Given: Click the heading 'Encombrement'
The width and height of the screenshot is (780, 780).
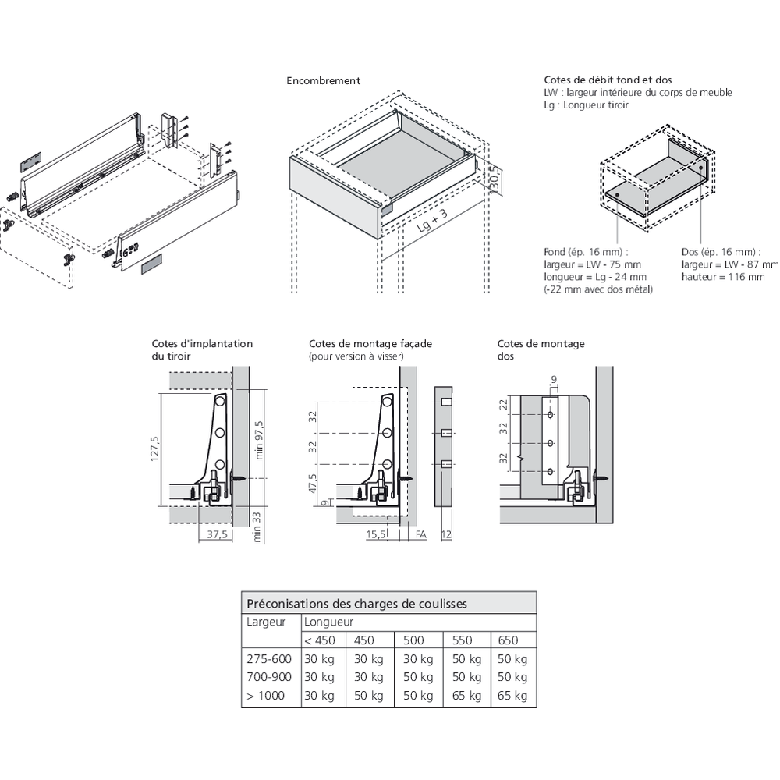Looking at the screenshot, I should [x=323, y=80].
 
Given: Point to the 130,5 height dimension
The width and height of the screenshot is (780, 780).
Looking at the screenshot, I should [x=494, y=180].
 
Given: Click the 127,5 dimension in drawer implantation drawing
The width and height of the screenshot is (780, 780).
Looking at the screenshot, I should [x=155, y=448].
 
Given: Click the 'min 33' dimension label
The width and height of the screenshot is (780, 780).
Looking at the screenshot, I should [x=259, y=525].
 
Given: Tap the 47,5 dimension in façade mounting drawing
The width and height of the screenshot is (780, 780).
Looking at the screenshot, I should [x=313, y=483].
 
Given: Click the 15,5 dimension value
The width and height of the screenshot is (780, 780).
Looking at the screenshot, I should [x=377, y=534].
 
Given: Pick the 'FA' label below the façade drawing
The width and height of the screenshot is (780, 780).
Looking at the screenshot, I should [x=420, y=534].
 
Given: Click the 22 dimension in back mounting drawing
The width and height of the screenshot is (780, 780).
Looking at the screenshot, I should [x=503, y=404].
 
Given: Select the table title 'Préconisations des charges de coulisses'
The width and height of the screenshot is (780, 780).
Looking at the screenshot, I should [x=356, y=603].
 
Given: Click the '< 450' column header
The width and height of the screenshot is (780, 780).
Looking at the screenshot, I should [x=320, y=640].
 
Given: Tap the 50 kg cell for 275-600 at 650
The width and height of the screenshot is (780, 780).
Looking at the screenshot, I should [x=512, y=658].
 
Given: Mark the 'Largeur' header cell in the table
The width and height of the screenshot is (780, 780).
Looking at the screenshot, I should [x=266, y=622].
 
